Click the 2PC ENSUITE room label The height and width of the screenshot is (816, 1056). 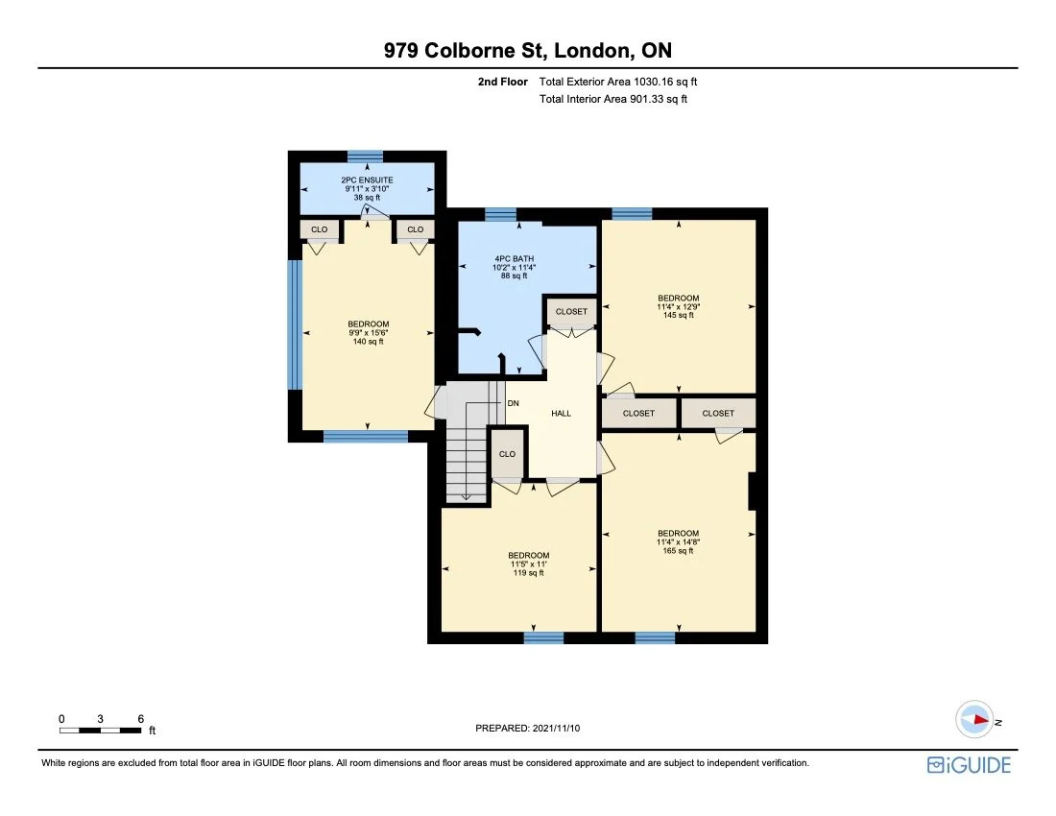[367, 180]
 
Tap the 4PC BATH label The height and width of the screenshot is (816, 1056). [514, 258]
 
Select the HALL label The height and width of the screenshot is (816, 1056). [561, 414]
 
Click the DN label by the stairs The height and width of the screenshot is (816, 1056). [514, 403]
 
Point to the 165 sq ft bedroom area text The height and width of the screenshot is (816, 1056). [678, 551]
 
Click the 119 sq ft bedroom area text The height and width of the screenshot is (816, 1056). [529, 573]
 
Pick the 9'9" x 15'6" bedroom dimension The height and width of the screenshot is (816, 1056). [369, 332]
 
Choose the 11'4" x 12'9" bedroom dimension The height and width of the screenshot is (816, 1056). [678, 306]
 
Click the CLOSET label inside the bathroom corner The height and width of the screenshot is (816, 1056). [571, 312]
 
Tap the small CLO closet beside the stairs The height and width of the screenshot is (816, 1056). [507, 454]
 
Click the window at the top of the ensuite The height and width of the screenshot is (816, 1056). [365, 156]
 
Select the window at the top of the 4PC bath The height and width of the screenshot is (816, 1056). [500, 214]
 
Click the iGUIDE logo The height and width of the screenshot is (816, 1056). [970, 765]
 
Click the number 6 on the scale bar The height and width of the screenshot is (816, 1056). [141, 719]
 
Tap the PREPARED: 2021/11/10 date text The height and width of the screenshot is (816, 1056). [527, 728]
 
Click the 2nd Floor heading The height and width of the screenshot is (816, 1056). [502, 83]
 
